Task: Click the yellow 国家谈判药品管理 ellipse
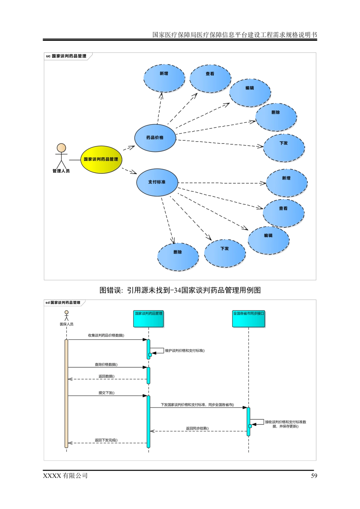[101, 159]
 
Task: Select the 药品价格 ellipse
[155, 138]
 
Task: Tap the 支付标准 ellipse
[157, 182]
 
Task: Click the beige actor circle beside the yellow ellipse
[62, 148]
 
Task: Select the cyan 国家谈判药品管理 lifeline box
[148, 319]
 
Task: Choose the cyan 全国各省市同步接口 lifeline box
[248, 319]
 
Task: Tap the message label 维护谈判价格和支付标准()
[185, 351]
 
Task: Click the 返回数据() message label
[107, 376]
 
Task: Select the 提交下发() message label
[107, 393]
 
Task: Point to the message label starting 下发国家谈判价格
[197, 405]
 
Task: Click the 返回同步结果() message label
[197, 428]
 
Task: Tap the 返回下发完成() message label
[106, 440]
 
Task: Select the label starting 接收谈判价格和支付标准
[286, 424]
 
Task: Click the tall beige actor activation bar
[66, 394]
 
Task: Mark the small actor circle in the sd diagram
[67, 312]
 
